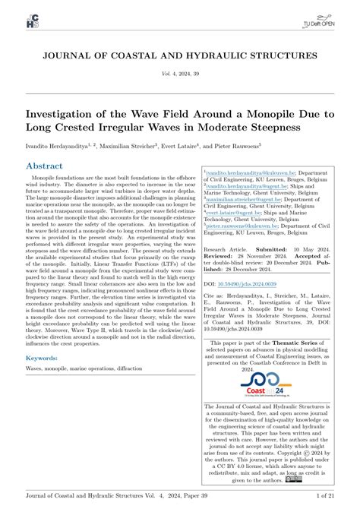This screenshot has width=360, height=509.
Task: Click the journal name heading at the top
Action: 180,55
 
